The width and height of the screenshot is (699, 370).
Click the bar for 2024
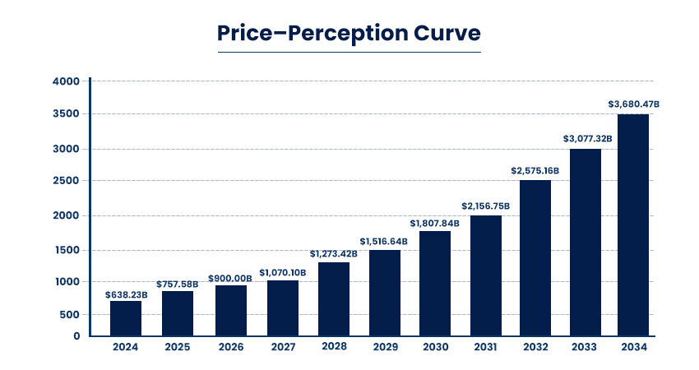pyautogui.click(x=126, y=318)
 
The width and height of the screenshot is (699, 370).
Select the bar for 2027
pyautogui.click(x=283, y=308)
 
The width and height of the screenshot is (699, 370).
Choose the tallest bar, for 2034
pyautogui.click(x=633, y=224)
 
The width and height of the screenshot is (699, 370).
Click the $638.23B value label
pyautogui.click(x=126, y=294)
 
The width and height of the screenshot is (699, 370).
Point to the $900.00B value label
pyautogui.click(x=230, y=279)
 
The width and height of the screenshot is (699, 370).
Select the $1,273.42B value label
pyautogui.click(x=334, y=254)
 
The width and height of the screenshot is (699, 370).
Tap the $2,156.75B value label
pyautogui.click(x=485, y=206)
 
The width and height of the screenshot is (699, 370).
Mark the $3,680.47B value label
pyautogui.click(x=634, y=104)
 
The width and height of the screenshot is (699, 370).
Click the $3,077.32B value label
pyautogui.click(x=587, y=139)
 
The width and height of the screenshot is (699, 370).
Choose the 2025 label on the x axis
pyautogui.click(x=178, y=347)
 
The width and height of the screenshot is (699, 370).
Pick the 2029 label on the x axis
pyautogui.click(x=384, y=347)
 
